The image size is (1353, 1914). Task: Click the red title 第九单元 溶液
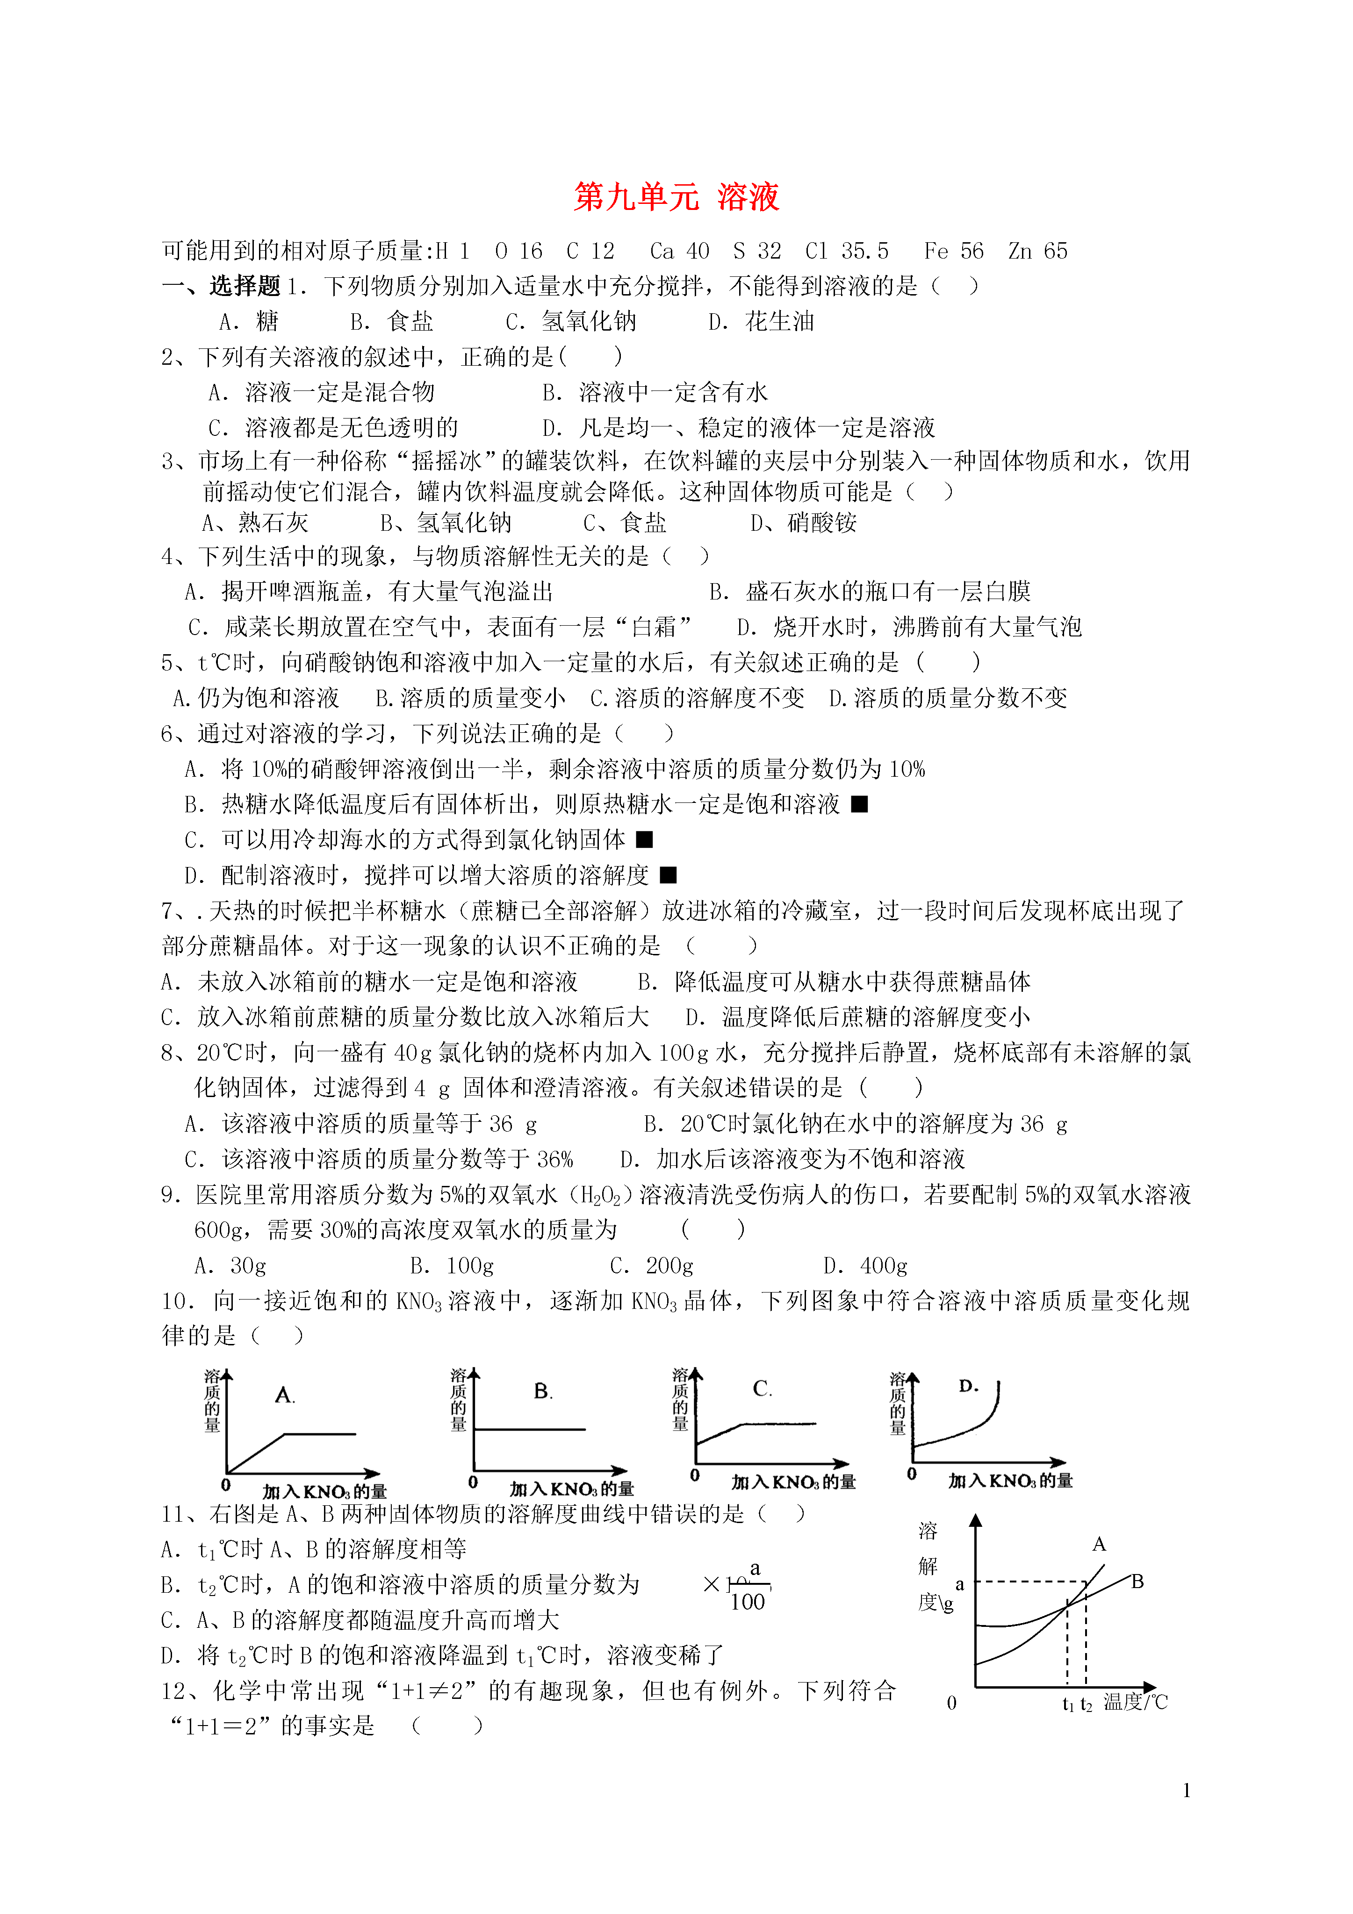676,197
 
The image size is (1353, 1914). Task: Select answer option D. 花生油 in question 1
761,322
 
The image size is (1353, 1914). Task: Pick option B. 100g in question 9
452,1266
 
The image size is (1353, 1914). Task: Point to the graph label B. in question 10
543,1391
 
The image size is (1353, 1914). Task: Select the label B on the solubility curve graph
1137,1582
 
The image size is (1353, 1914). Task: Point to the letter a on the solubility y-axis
959,1584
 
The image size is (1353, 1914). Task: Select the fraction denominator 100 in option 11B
747,1602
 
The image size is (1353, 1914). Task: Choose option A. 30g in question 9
230,1266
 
